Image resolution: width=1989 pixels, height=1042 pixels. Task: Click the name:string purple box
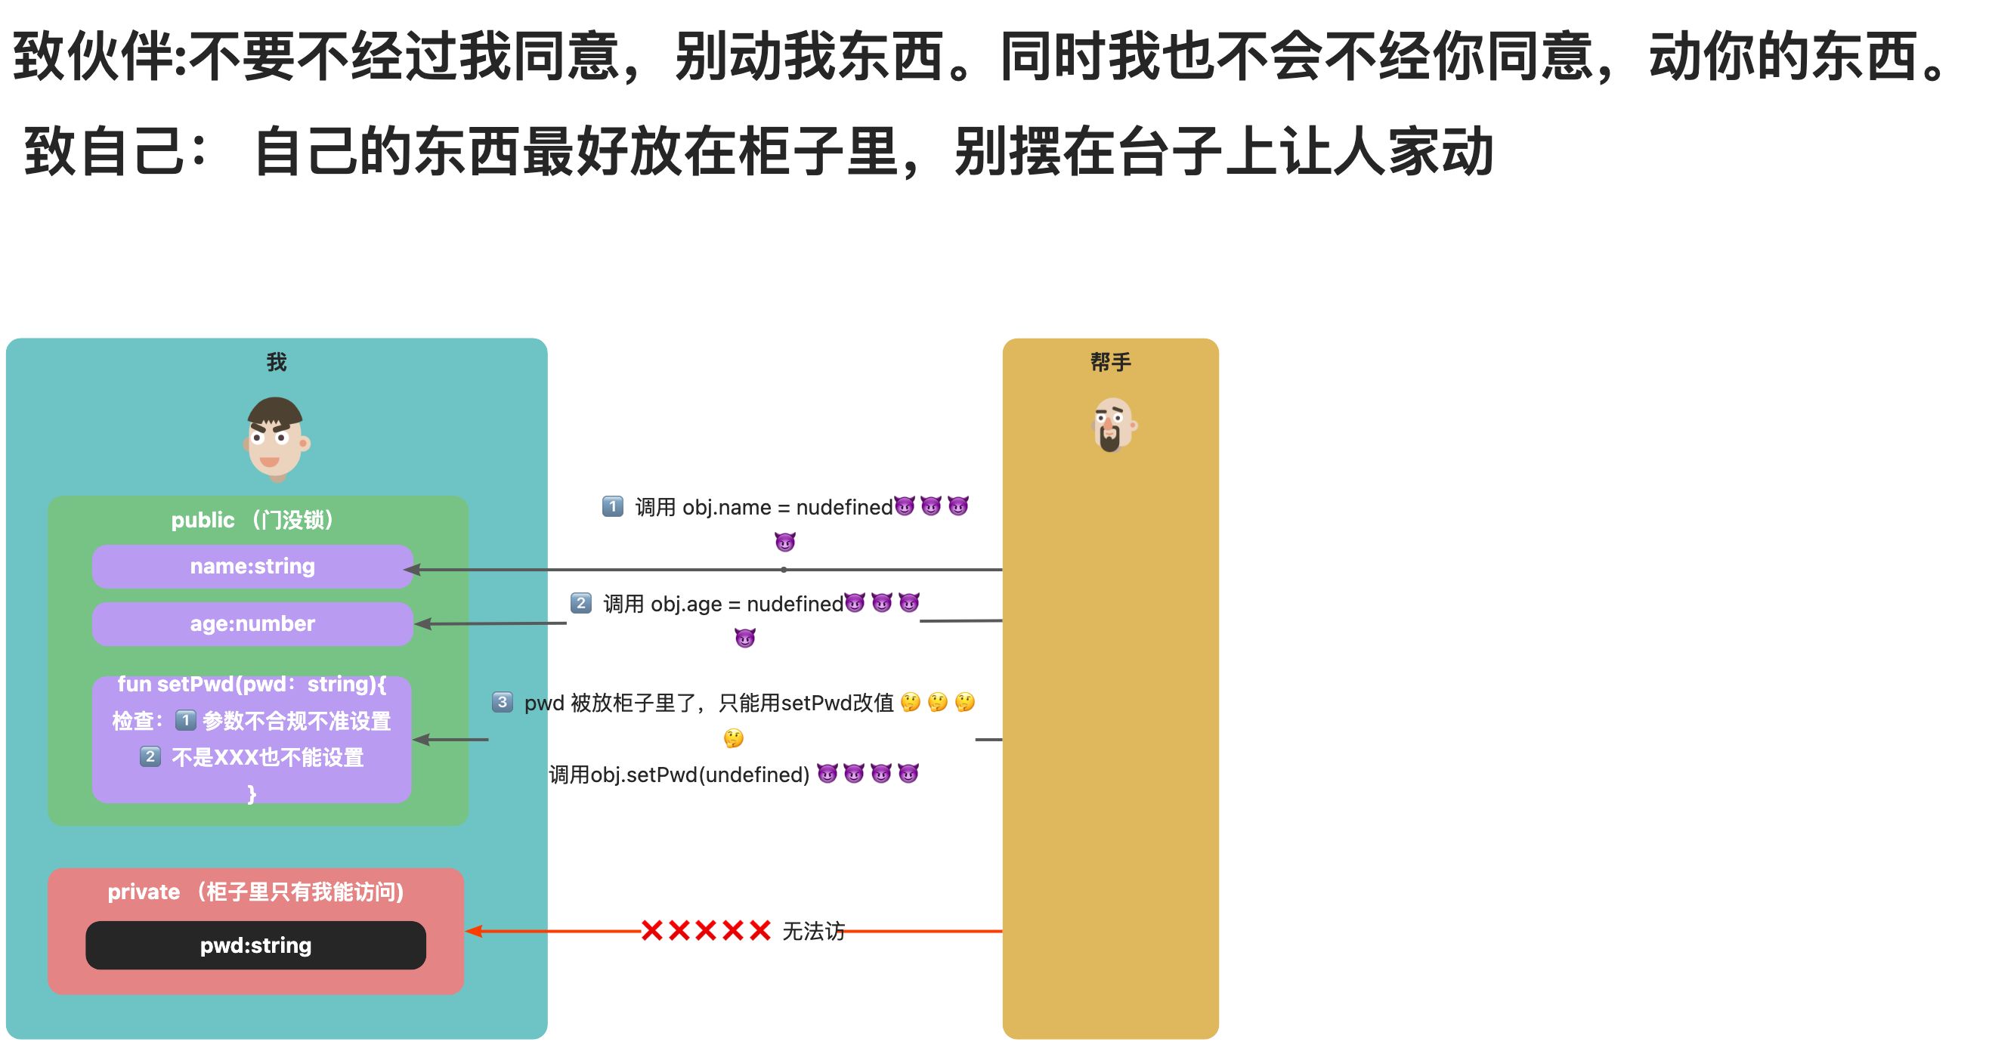tap(252, 567)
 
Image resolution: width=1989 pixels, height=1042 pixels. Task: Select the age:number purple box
tap(252, 623)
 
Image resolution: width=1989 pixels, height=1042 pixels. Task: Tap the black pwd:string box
tap(255, 945)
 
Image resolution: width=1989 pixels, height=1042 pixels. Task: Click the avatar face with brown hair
tap(276, 438)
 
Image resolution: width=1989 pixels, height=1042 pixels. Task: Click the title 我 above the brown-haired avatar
tap(277, 362)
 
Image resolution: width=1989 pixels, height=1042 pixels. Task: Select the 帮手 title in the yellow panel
tap(1110, 362)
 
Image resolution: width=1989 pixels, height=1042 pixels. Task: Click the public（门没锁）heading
tap(252, 520)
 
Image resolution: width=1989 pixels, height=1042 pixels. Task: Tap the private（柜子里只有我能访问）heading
tap(255, 892)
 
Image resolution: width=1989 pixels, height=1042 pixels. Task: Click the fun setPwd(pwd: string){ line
tap(252, 685)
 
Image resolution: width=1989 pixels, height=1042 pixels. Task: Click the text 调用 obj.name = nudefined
tap(763, 508)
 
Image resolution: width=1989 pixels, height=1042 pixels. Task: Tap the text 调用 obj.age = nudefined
tap(722, 604)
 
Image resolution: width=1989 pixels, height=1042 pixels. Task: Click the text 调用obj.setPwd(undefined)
tap(679, 775)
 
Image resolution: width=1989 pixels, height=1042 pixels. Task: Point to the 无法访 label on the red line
tap(813, 932)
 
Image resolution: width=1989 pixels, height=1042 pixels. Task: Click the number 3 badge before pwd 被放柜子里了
tap(503, 703)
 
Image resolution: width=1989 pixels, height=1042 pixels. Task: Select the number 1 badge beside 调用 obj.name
tap(612, 507)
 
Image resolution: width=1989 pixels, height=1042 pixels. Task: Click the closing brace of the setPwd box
tap(252, 793)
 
